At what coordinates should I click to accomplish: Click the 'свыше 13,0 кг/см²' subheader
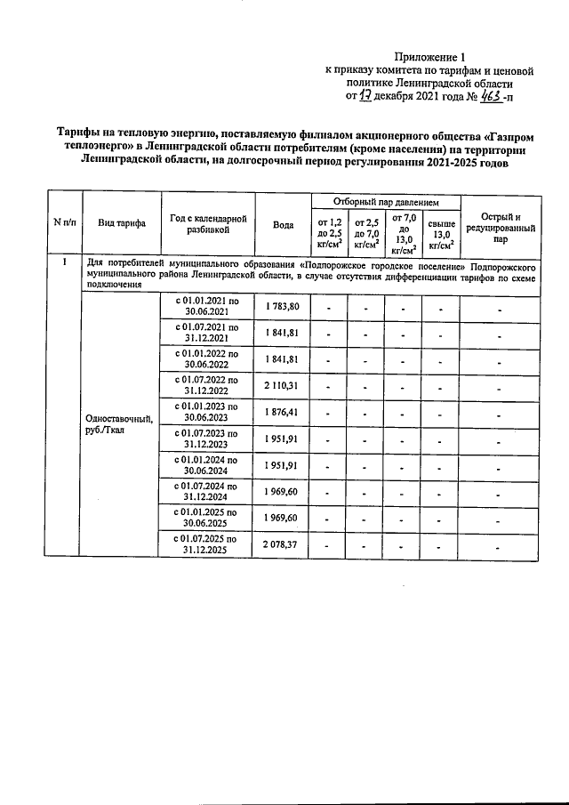coord(441,233)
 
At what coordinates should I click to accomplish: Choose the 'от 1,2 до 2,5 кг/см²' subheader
coord(329,233)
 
